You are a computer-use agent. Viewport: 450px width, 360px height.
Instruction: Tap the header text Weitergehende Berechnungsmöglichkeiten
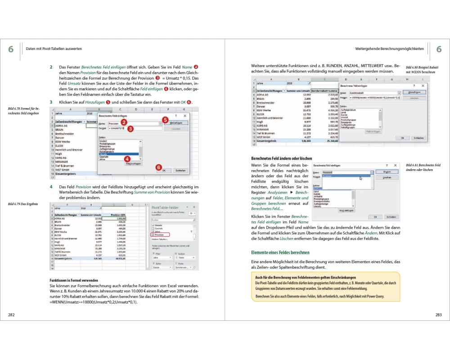click(x=389, y=49)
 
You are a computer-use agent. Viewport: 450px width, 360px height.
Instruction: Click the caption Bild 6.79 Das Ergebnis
click(x=23, y=204)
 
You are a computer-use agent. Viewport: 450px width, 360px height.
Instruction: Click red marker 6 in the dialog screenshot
click(x=158, y=167)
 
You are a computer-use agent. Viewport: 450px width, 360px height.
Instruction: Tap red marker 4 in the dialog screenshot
click(x=127, y=159)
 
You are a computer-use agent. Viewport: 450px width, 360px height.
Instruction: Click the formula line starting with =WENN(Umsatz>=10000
click(x=93, y=302)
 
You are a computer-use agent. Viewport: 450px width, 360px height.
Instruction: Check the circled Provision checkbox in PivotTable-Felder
click(x=153, y=235)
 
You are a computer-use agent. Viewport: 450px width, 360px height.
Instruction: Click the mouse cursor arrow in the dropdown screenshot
click(x=360, y=178)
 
